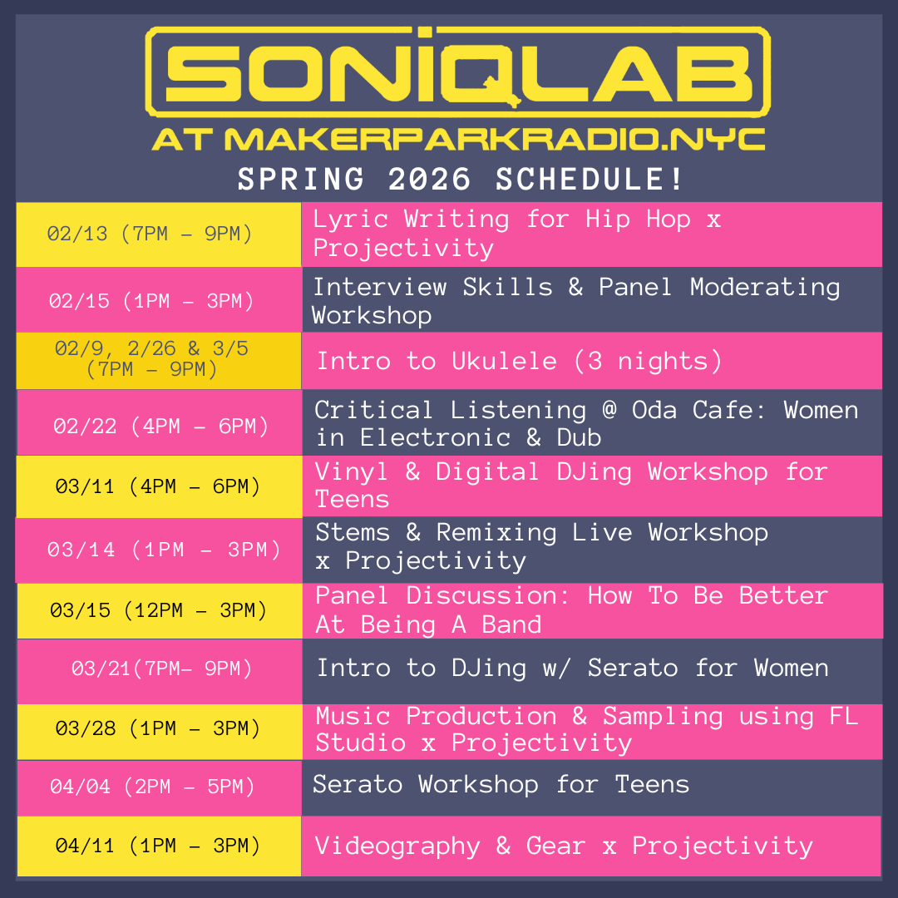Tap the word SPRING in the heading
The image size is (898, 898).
(x=301, y=180)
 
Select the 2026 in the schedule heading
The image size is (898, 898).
(x=430, y=180)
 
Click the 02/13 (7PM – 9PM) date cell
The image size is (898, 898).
(x=159, y=234)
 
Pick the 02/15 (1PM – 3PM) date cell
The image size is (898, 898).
(x=159, y=299)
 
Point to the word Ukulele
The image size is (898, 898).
(x=504, y=361)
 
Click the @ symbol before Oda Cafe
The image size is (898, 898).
(x=609, y=410)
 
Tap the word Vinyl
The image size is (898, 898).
(x=352, y=472)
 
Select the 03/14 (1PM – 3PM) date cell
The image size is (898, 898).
(x=159, y=550)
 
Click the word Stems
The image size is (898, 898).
(x=353, y=533)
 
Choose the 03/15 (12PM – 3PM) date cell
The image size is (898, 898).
(x=160, y=610)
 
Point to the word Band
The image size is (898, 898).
(x=511, y=624)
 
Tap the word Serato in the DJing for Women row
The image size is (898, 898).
(x=633, y=668)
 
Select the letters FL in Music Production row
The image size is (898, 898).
(x=844, y=717)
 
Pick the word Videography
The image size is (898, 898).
(x=397, y=846)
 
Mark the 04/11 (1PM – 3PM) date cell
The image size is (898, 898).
(x=159, y=846)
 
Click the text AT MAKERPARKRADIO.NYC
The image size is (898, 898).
(x=458, y=139)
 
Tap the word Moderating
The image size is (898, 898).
(x=765, y=287)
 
